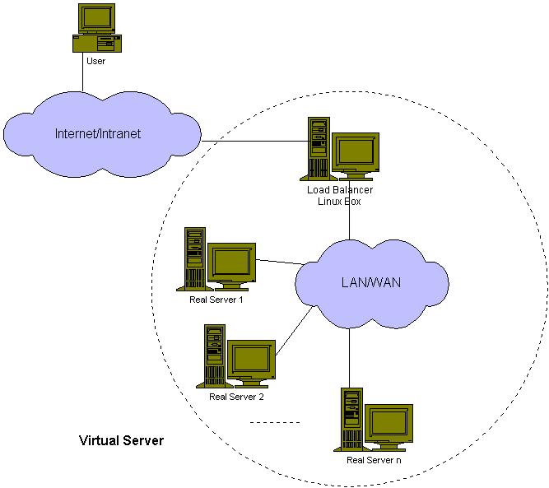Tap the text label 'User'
(x=95, y=61)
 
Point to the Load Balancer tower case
(x=318, y=148)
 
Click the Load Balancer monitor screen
(x=356, y=154)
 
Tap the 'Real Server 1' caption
(x=216, y=300)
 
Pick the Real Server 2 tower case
(x=214, y=355)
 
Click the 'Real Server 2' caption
(x=236, y=397)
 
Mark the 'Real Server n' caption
(x=374, y=460)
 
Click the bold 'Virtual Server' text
(x=121, y=440)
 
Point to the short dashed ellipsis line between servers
(x=275, y=423)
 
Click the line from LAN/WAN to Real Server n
(x=351, y=354)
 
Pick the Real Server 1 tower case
(x=194, y=258)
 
